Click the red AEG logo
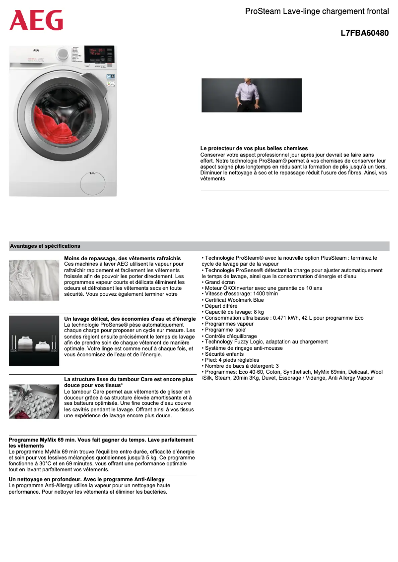[36, 20]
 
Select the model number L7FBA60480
[364, 33]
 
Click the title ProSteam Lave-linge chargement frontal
[317, 11]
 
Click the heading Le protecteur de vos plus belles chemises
[254, 149]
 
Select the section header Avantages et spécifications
[45, 246]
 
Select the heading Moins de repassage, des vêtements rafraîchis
[123, 258]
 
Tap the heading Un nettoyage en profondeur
[87, 480]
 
